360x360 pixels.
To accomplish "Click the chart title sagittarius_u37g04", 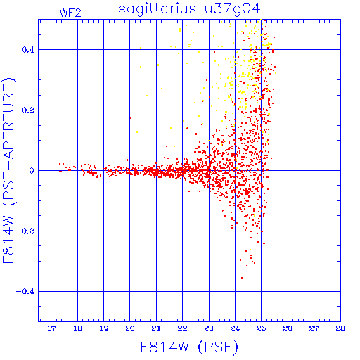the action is (x=189, y=9).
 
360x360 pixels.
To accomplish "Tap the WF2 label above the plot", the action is (x=70, y=13).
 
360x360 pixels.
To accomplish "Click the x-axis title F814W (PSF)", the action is (x=189, y=347).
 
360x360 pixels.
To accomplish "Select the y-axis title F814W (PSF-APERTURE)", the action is (x=8, y=170).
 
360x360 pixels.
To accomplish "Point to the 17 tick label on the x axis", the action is (x=51, y=328).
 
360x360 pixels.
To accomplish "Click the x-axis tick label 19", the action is (x=104, y=328).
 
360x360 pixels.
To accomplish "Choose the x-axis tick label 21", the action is (x=156, y=328).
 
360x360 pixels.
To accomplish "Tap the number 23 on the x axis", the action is (x=209, y=328).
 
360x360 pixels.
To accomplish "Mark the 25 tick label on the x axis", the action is (x=262, y=328).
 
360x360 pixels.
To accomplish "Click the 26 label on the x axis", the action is (x=288, y=328).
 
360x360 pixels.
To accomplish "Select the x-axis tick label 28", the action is (x=340, y=328).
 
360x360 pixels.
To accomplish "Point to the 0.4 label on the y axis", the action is (x=28, y=50).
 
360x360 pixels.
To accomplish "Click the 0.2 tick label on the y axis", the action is (x=28, y=110).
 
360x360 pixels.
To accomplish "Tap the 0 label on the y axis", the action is (x=32, y=171).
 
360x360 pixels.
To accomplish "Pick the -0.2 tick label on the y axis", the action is (x=25, y=231).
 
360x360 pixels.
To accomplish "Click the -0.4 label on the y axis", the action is (x=25, y=292).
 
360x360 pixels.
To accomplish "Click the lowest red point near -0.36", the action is (x=242, y=278).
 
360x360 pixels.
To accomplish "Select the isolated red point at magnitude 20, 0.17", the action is (x=131, y=118).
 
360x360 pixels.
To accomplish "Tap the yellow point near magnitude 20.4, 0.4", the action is (x=141, y=48).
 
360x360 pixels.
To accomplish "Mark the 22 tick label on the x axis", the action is (x=183, y=328).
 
